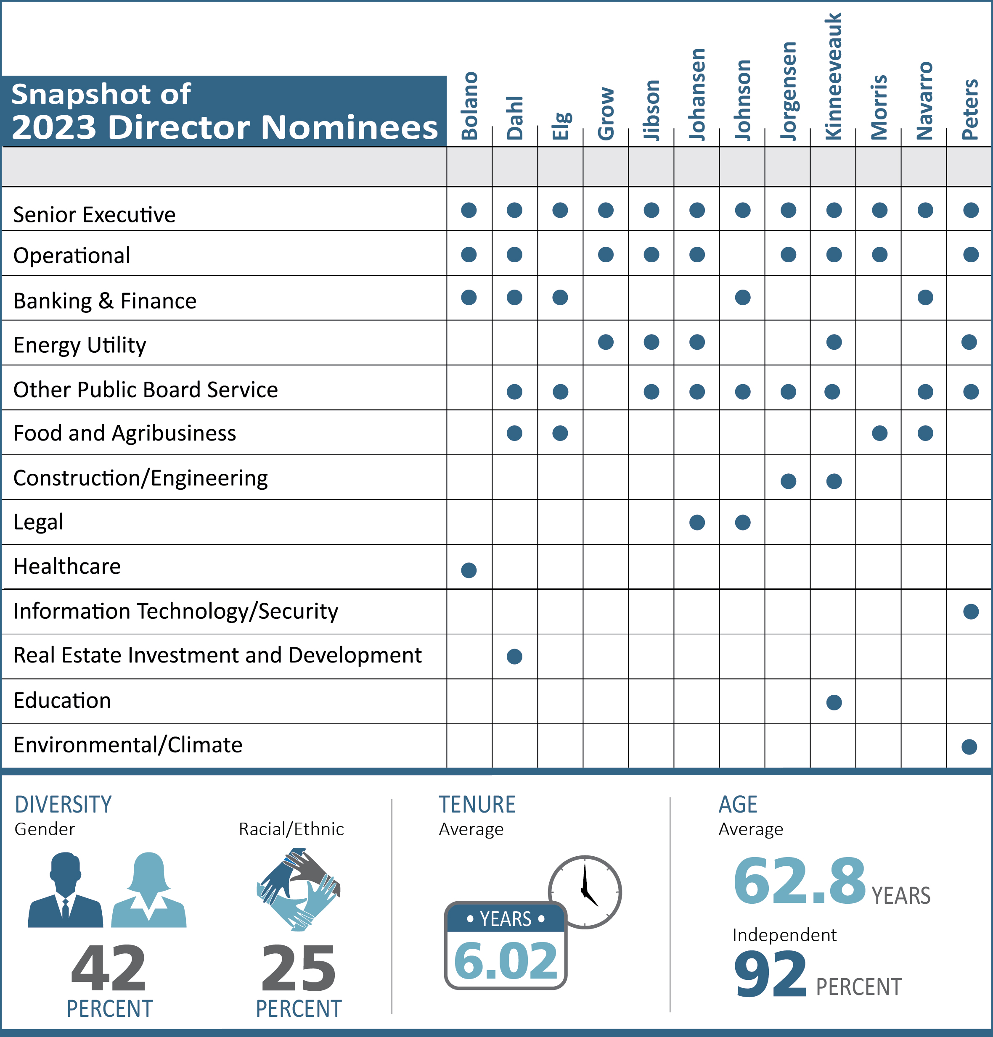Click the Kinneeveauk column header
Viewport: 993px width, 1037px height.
pos(833,77)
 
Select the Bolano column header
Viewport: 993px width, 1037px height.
pos(469,106)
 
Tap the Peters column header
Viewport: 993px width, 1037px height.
pos(970,110)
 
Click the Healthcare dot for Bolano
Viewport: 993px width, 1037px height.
pos(469,570)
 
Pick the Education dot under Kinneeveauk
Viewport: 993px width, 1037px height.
pos(834,703)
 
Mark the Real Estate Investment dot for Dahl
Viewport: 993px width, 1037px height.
pos(514,657)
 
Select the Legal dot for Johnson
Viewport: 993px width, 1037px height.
pos(743,523)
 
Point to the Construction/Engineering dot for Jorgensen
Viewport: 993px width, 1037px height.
pos(788,481)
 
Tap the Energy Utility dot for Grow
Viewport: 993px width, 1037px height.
pos(606,342)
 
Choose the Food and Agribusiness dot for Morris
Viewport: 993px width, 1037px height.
pos(880,433)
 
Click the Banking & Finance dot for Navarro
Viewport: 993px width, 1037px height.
pos(925,297)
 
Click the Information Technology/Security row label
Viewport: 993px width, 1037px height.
pos(176,612)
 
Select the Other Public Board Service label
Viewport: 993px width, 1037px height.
pos(146,390)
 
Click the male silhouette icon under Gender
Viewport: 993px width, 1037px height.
pos(65,890)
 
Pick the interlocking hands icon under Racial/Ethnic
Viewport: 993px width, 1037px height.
pos(298,890)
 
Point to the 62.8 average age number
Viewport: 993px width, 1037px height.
pos(799,881)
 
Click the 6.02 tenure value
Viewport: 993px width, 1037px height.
pos(506,960)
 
